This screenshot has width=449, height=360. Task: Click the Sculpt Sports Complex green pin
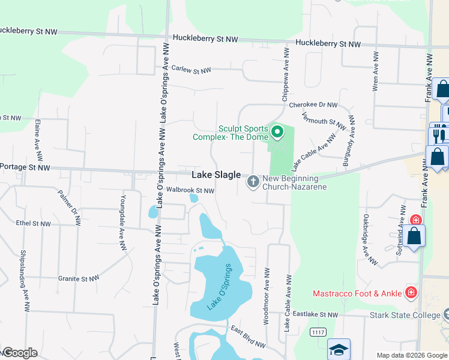tap(277, 131)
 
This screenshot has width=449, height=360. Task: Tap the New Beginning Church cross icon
tap(253, 181)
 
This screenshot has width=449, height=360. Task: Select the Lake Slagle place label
tap(216, 175)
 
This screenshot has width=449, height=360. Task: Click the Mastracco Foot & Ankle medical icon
tap(411, 293)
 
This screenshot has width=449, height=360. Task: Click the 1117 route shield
tap(318, 332)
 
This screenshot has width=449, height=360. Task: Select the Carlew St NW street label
tap(191, 70)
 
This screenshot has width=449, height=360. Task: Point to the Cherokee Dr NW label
tap(313, 104)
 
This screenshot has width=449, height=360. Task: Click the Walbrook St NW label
tap(190, 190)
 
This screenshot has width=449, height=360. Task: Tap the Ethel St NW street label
tap(34, 223)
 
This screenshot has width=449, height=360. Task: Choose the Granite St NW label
tap(77, 278)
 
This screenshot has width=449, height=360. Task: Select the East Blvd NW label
tap(248, 337)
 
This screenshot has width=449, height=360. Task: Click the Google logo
tap(19, 353)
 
